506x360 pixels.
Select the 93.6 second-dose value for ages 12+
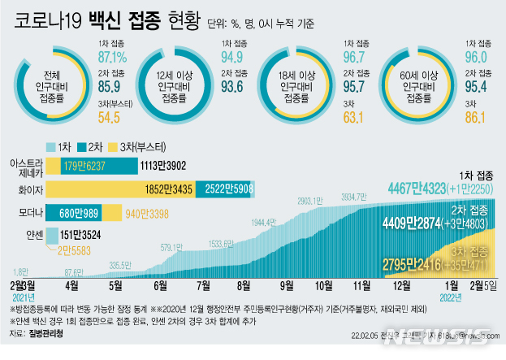pyautogui.click(x=233, y=88)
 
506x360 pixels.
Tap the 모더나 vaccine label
pyautogui.click(x=28, y=214)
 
